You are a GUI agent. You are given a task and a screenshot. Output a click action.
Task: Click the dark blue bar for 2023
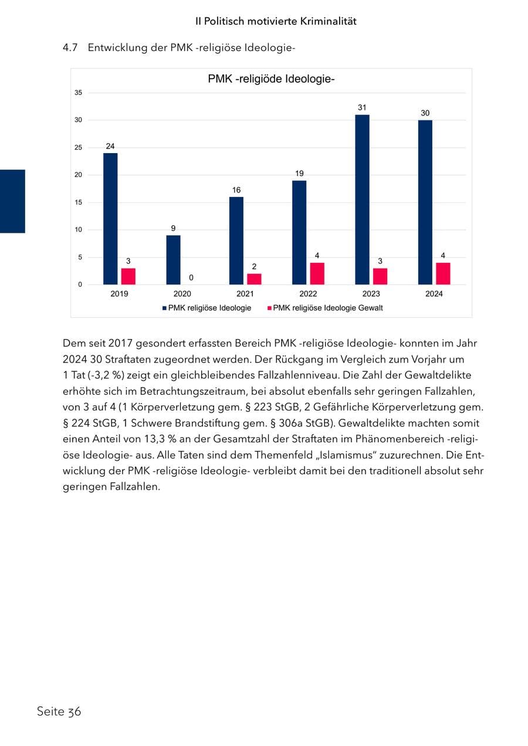[x=362, y=199]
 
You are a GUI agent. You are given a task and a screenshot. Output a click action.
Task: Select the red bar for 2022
[x=317, y=273]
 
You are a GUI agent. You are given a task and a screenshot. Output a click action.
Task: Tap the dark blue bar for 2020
[x=173, y=260]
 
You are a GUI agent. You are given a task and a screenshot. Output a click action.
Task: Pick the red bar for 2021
[x=254, y=279]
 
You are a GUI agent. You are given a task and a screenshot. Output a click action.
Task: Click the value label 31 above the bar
[x=362, y=107]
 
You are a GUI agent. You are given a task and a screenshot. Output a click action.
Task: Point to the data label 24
[x=110, y=146]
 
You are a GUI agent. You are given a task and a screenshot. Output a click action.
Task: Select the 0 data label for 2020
[x=191, y=277]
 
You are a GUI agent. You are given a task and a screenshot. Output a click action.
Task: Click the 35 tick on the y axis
[x=78, y=93]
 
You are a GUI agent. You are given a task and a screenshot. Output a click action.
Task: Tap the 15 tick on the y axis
[x=78, y=202]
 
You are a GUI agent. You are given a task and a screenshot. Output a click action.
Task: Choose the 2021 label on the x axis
[x=245, y=294]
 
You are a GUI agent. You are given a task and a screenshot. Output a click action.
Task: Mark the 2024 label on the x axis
[x=434, y=294]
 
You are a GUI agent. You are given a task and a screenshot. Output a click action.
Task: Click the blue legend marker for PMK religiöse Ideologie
[x=164, y=308]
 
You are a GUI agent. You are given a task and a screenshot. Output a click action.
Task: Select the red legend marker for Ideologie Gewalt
[x=269, y=308]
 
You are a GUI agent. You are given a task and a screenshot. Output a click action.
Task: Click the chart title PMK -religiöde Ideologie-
[x=271, y=79]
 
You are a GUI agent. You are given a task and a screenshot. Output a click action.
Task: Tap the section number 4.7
[x=70, y=48]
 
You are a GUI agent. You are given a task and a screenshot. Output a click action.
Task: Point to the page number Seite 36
[x=59, y=711]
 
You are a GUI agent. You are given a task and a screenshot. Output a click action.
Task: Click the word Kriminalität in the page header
[x=329, y=21]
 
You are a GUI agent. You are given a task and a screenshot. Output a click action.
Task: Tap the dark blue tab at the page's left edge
[x=12, y=201]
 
